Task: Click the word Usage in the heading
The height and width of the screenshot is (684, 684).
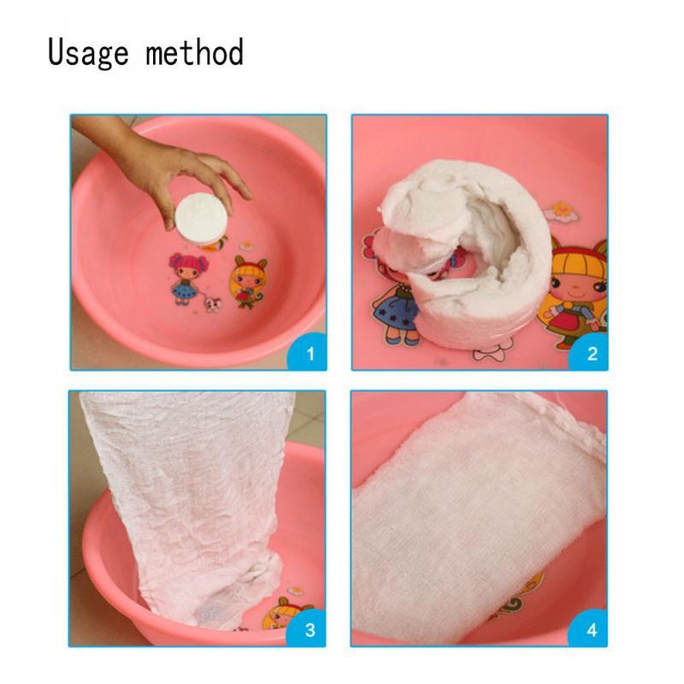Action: click(x=90, y=53)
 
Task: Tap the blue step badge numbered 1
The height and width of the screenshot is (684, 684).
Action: click(x=310, y=353)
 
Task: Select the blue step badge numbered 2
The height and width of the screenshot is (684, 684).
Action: click(x=592, y=353)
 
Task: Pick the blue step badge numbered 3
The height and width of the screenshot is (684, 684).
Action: click(x=310, y=630)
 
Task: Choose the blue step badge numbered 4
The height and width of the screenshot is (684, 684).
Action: click(x=592, y=630)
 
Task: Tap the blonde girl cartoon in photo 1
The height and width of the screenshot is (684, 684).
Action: click(x=247, y=279)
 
